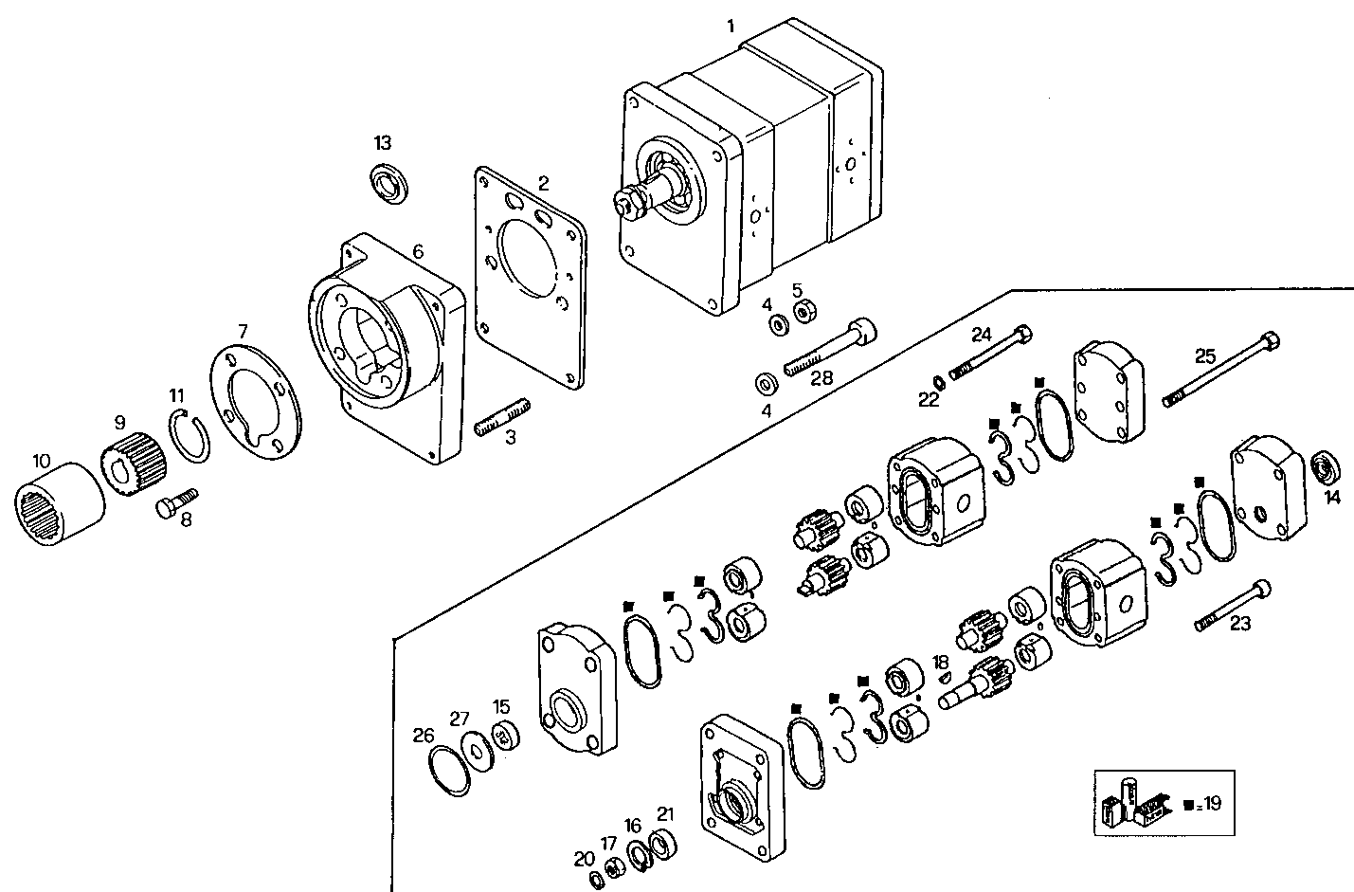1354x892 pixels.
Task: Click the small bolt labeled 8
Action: [x=176, y=502]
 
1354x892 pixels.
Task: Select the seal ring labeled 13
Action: [x=389, y=180]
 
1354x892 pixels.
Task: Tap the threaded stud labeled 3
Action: [x=503, y=419]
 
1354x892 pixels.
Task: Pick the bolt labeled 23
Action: [x=1233, y=604]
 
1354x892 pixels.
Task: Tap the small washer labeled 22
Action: [x=937, y=381]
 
